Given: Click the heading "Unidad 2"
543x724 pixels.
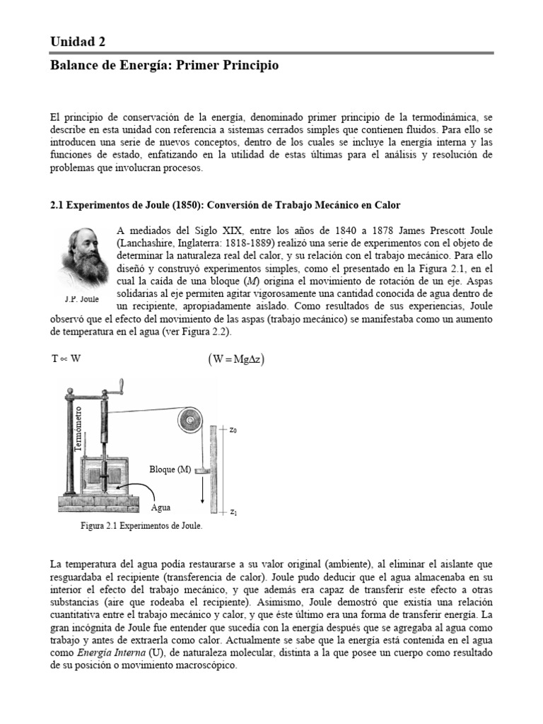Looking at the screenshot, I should point(78,42).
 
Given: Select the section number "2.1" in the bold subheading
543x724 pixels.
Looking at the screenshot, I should point(57,206).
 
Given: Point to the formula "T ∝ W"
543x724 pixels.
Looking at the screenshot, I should point(66,358).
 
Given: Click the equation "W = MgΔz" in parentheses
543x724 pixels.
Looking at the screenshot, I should point(237,358).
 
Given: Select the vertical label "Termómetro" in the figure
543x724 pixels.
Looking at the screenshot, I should point(78,428).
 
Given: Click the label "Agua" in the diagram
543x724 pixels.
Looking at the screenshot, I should point(162,507).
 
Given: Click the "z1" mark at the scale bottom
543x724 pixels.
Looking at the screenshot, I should point(233,511).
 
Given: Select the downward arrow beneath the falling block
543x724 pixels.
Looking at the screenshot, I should point(203,489).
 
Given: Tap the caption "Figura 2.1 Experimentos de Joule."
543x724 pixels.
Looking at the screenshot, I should point(141,526).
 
